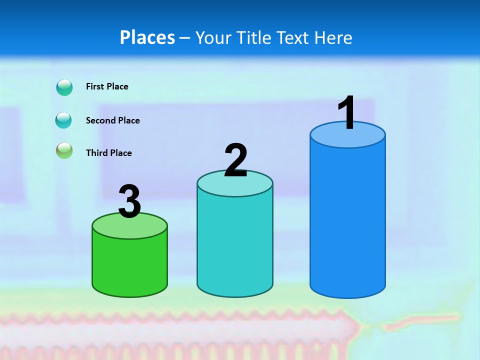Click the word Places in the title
pos(147,37)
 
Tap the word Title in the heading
pos(255,37)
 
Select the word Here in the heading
pos(333,37)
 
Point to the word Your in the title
pos(213,37)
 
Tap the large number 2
pos(235,160)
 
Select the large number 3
pos(129,201)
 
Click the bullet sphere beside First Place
pos(64,87)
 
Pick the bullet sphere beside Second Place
pos(63,120)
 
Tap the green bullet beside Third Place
pos(64,151)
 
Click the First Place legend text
pos(107,86)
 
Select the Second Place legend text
pos(112,120)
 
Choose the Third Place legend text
pos(108,153)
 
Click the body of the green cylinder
pos(129,265)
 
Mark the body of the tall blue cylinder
pos(347,220)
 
